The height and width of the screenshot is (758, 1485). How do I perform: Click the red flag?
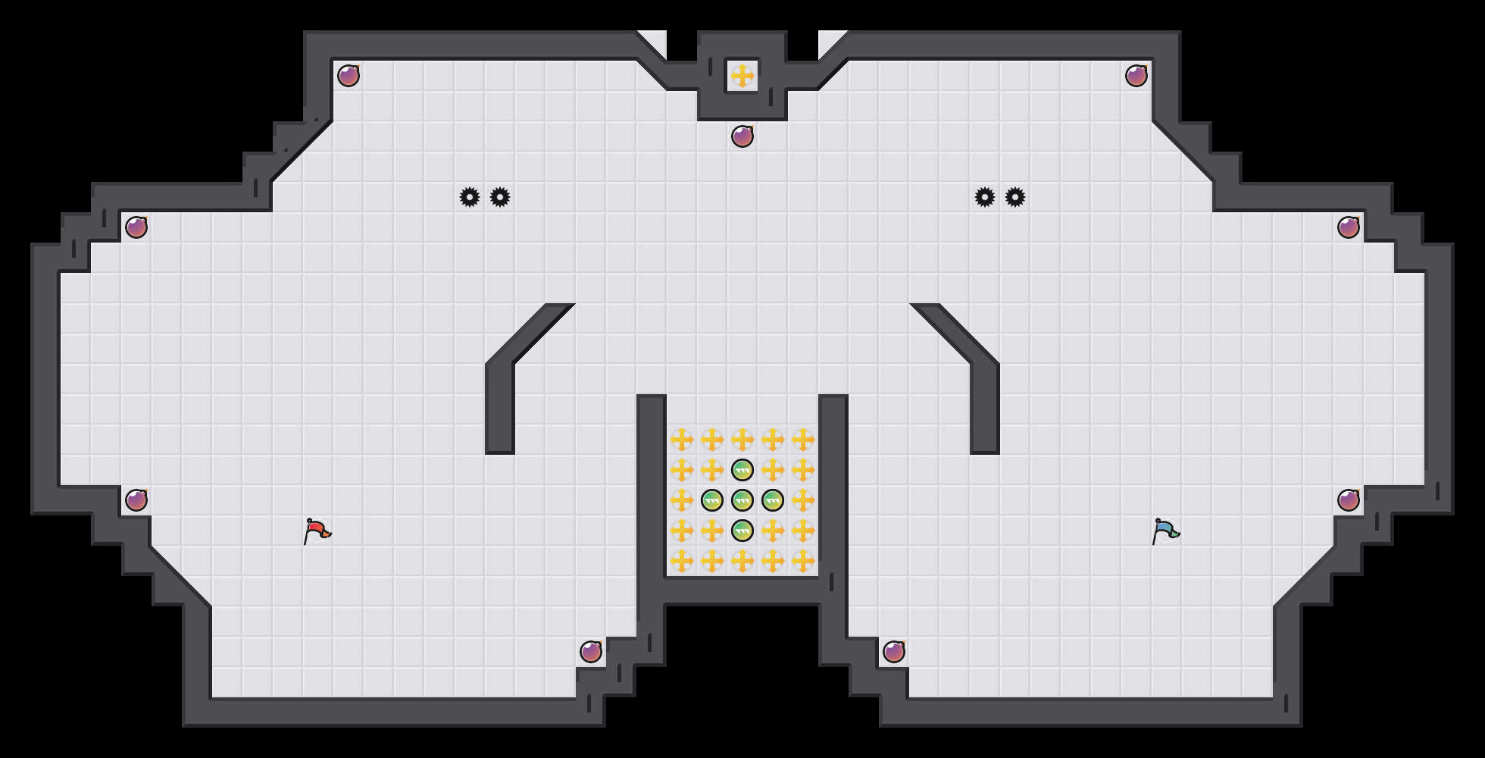coord(317,531)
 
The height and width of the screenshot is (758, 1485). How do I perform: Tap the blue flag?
coord(1165,531)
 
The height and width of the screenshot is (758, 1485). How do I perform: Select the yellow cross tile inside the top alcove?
coord(742,76)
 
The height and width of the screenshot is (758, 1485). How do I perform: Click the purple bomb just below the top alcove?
coord(742,136)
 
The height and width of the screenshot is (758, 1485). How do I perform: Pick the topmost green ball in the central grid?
coord(742,470)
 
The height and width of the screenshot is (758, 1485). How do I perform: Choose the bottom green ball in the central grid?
coord(742,531)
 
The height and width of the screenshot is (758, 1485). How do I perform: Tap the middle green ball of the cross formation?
coord(742,500)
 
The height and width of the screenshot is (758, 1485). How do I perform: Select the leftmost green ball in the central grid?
coord(712,500)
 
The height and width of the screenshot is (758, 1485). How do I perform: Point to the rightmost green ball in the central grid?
coord(773,500)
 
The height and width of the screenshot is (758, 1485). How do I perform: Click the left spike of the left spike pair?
coord(470,197)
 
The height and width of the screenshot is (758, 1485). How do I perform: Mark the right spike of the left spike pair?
coord(500,197)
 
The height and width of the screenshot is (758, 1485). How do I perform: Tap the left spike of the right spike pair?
coord(985,197)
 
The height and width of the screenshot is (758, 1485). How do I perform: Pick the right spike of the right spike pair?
coord(1015,197)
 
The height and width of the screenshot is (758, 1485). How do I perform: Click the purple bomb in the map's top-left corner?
coord(349,76)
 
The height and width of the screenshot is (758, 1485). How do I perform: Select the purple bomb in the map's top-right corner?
coord(1136,76)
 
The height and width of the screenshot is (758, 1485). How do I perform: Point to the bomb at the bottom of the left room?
coord(591,652)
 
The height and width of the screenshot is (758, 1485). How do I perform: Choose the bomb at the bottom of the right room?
coord(894,652)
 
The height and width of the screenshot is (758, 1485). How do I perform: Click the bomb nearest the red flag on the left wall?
coord(136,500)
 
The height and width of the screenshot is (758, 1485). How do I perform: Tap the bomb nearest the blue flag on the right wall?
coord(1349,500)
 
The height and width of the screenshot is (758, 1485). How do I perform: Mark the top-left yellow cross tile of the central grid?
coord(682,440)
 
